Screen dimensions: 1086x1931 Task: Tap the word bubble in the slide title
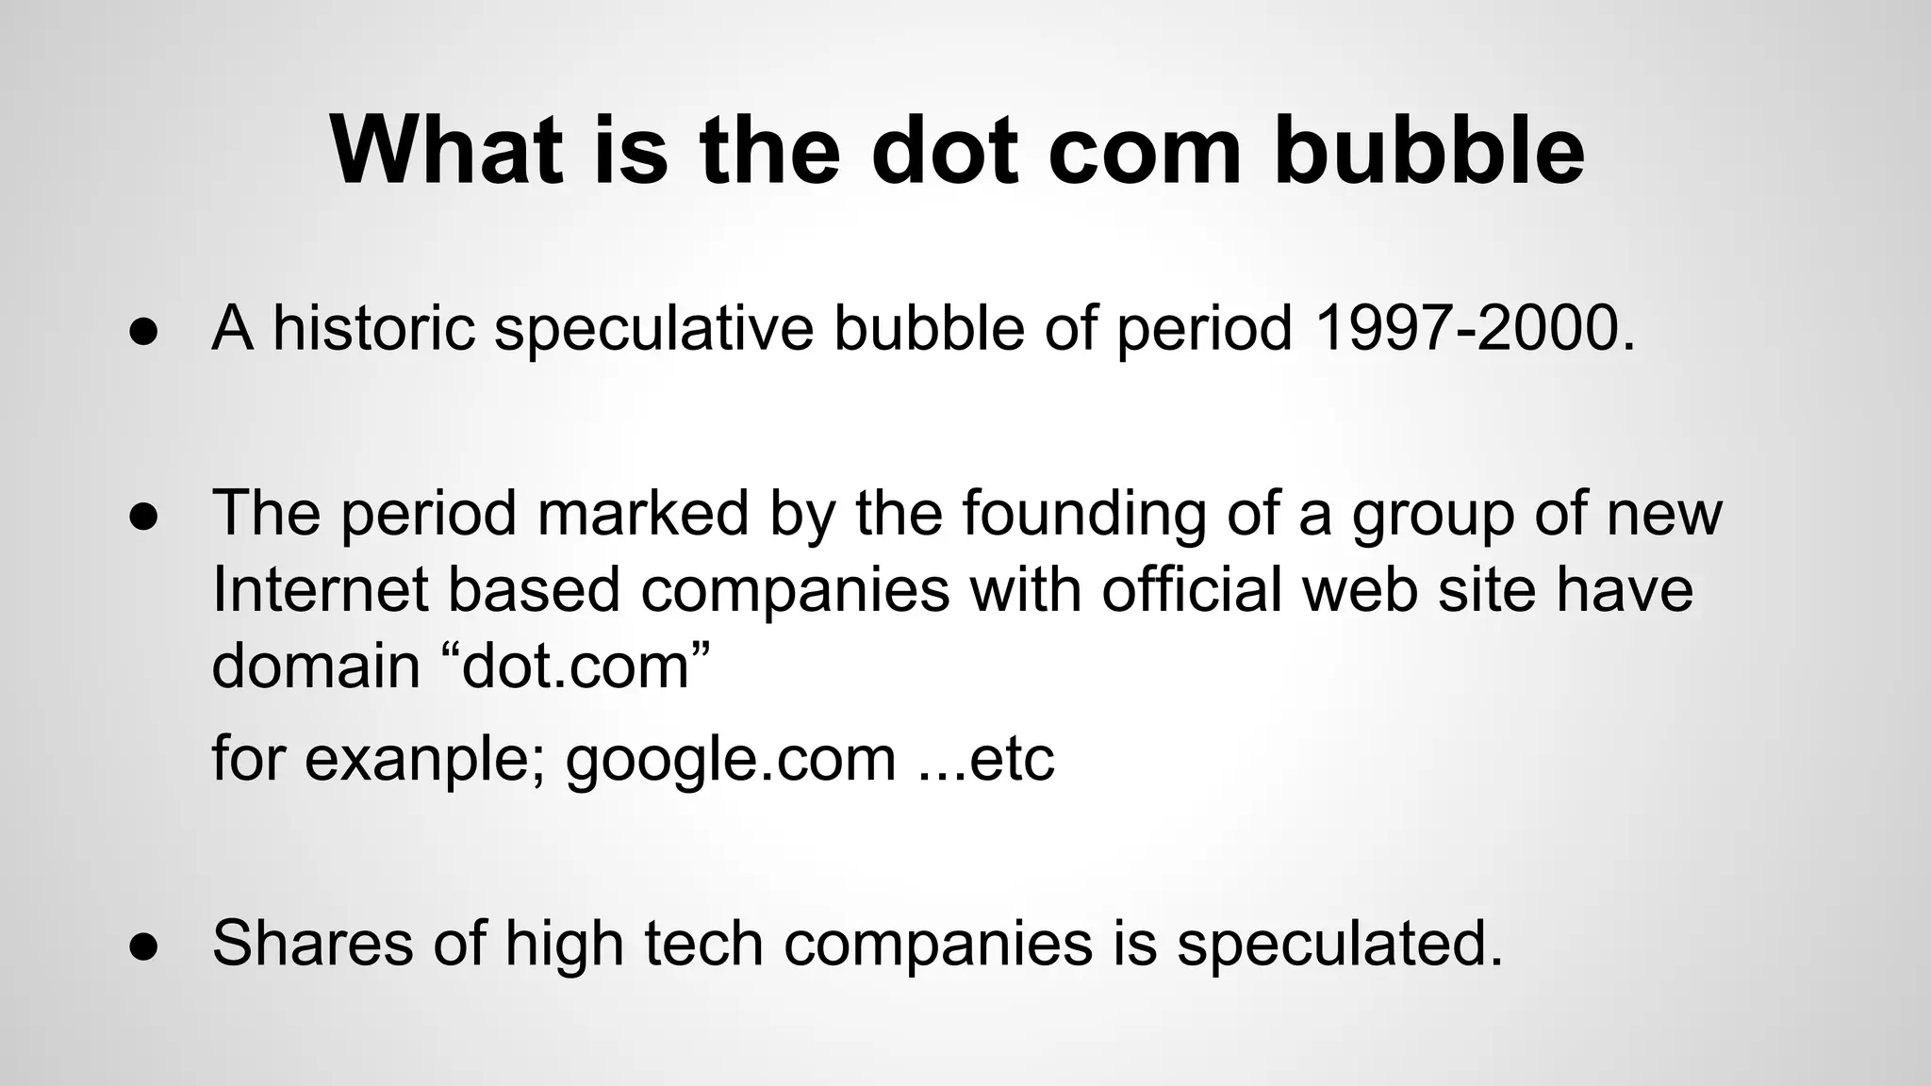1428,151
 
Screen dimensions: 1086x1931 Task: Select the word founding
1083,514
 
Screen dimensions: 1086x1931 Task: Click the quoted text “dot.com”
575,666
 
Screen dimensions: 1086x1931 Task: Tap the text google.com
731,759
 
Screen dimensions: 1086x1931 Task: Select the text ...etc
986,759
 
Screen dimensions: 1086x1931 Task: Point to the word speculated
1339,942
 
